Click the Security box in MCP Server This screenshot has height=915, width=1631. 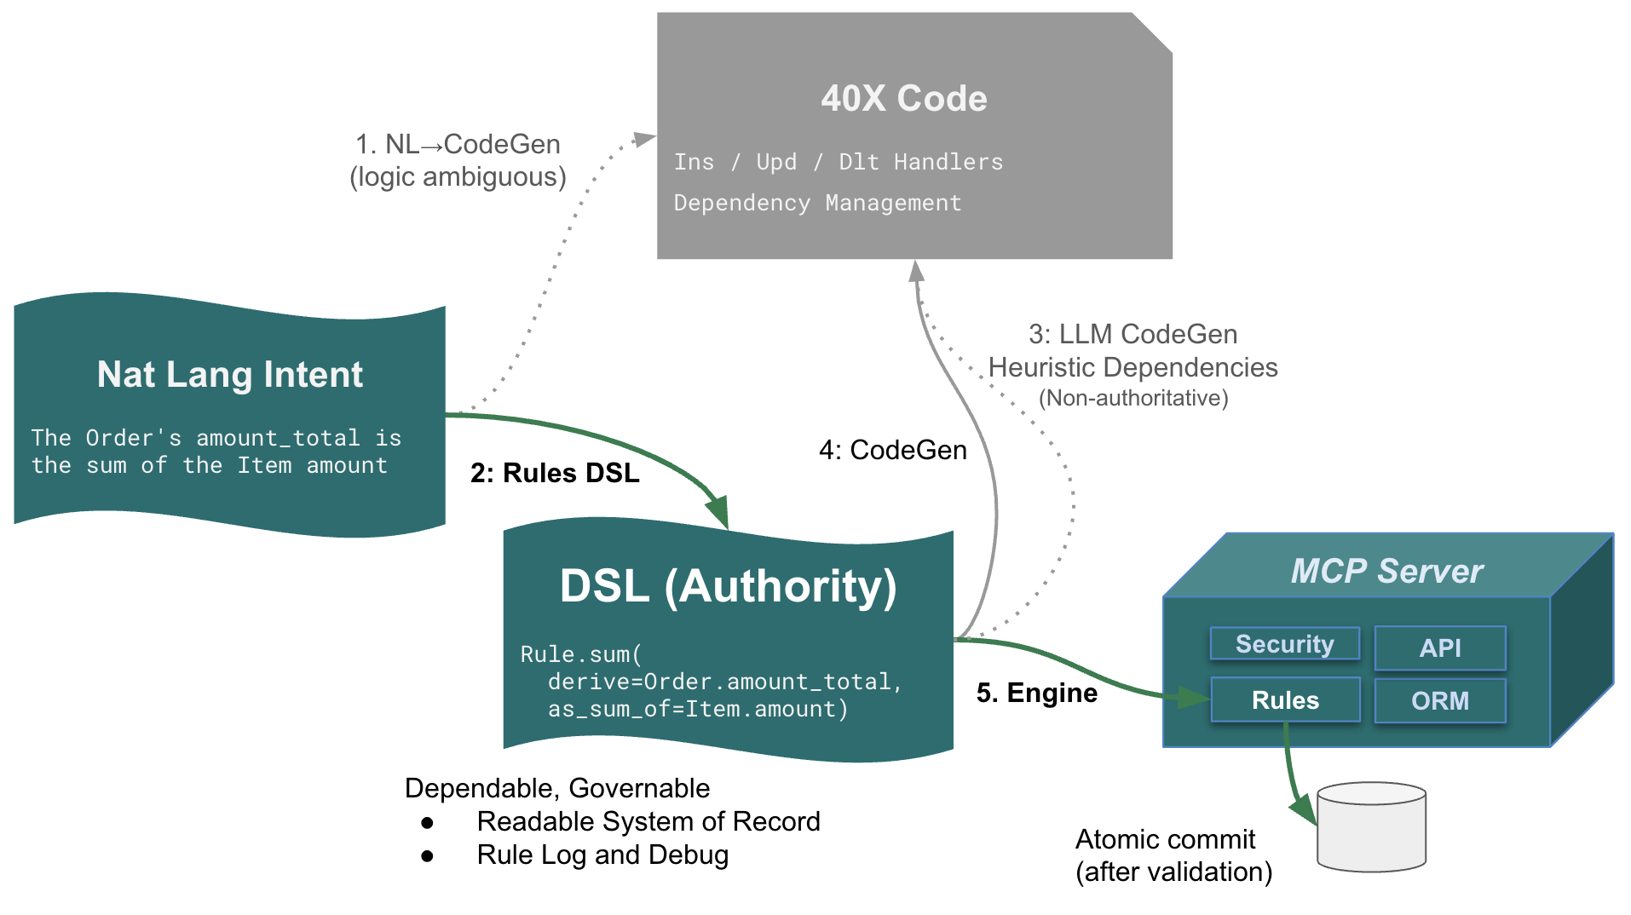[x=1284, y=644]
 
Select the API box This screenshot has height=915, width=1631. [x=1439, y=648]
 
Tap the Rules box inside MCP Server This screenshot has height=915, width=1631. [x=1285, y=700]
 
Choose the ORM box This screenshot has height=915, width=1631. [x=1439, y=700]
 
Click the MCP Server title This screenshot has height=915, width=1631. [x=1386, y=571]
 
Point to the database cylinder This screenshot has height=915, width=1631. [x=1370, y=828]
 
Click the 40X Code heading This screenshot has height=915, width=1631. [x=903, y=99]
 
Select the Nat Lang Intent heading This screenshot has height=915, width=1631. [x=230, y=375]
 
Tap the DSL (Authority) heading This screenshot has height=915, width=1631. [x=728, y=586]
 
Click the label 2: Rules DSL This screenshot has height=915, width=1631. [x=555, y=473]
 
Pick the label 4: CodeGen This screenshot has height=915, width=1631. [x=892, y=450]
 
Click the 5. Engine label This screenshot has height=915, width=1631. [x=1036, y=693]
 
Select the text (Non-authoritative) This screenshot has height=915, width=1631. [x=1132, y=398]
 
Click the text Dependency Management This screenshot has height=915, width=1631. [x=817, y=203]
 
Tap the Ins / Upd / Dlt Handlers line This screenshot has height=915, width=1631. [x=838, y=162]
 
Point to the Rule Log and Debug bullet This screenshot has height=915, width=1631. [x=602, y=855]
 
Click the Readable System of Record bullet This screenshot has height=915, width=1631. [x=648, y=821]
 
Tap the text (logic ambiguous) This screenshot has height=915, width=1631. [x=458, y=177]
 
